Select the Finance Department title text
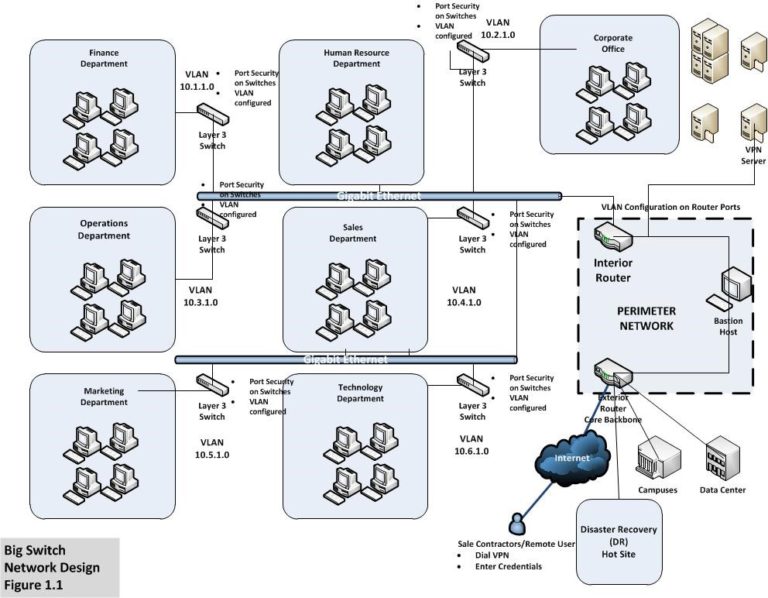click(x=109, y=58)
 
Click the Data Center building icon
click(x=720, y=459)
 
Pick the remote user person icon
click(x=517, y=523)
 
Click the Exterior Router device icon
click(x=612, y=374)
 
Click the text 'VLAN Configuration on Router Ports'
click(x=670, y=207)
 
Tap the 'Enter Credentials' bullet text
click(x=510, y=566)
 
